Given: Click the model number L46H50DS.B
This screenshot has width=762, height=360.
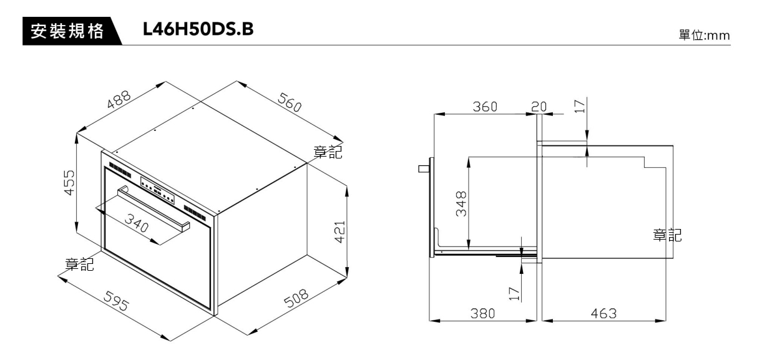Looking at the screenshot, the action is [x=198, y=29].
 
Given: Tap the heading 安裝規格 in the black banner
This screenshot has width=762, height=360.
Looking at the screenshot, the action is [x=67, y=31].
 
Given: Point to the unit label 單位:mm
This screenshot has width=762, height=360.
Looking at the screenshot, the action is [x=704, y=36].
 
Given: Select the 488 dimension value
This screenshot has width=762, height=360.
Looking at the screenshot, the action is [x=119, y=99].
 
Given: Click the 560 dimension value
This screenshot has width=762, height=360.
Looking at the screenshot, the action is [x=290, y=102].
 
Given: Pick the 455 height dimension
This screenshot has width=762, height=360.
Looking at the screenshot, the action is [x=69, y=183].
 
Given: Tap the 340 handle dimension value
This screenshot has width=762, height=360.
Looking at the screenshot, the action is [x=137, y=223].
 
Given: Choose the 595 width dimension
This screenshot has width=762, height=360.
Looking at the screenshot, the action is [x=116, y=301].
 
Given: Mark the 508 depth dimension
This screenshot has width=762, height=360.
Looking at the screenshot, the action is [x=296, y=298].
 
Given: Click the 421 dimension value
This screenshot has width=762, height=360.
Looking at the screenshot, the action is [x=340, y=232].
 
